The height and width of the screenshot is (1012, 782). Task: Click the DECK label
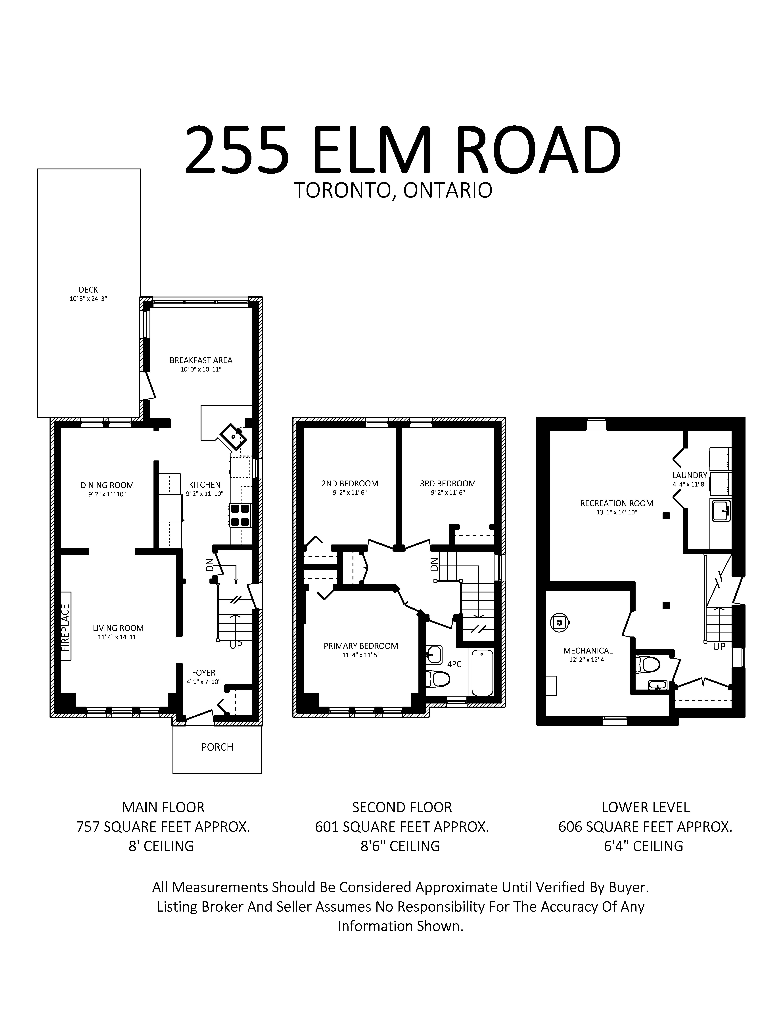(x=88, y=290)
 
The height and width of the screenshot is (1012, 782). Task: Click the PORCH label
(x=217, y=747)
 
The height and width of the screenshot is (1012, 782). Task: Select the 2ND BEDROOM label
(x=350, y=483)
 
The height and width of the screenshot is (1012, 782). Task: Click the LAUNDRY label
(x=690, y=475)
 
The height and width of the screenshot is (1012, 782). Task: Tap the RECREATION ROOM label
(x=617, y=503)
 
